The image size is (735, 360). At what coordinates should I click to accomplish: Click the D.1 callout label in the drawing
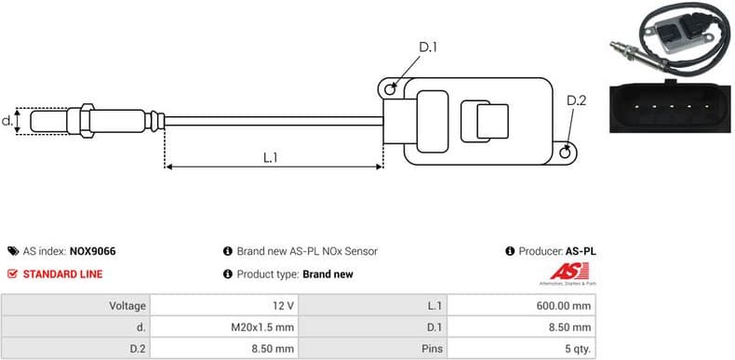tap(428, 47)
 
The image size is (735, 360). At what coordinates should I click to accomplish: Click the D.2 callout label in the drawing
tap(576, 100)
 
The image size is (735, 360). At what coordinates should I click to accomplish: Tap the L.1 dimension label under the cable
tap(270, 157)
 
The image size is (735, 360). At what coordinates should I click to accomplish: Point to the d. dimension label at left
tap(7, 120)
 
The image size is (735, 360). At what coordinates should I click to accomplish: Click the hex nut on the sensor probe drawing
tap(84, 120)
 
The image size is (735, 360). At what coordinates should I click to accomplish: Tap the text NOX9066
tap(93, 251)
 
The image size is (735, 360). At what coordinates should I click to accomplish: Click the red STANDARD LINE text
tap(62, 274)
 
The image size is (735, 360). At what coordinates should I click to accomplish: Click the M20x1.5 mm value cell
tap(265, 327)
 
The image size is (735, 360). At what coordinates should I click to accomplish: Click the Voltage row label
tap(127, 305)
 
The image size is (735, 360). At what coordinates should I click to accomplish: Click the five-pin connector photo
tap(669, 110)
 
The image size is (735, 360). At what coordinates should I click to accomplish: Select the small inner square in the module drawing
tap(492, 121)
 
